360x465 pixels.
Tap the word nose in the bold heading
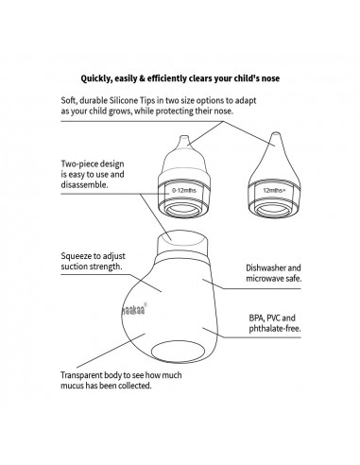pos(270,78)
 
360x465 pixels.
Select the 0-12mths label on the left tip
pos(184,191)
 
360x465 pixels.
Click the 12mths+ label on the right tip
pos(275,190)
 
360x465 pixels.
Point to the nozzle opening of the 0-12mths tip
pos(184,137)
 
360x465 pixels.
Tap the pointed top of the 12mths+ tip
pos(276,133)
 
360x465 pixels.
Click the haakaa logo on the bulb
pos(134,309)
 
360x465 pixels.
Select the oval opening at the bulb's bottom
pos(178,351)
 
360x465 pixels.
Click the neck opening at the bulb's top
pos(182,236)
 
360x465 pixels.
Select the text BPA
pos(256,318)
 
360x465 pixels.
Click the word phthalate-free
pos(275,329)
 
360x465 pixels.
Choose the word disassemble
pos(84,184)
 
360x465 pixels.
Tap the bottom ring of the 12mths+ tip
pos(273,211)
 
